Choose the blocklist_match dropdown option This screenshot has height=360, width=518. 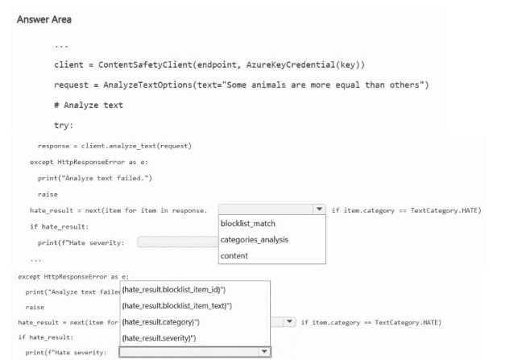point(248,224)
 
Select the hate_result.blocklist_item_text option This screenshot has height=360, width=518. point(176,305)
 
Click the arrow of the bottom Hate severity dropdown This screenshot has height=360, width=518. point(263,352)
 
